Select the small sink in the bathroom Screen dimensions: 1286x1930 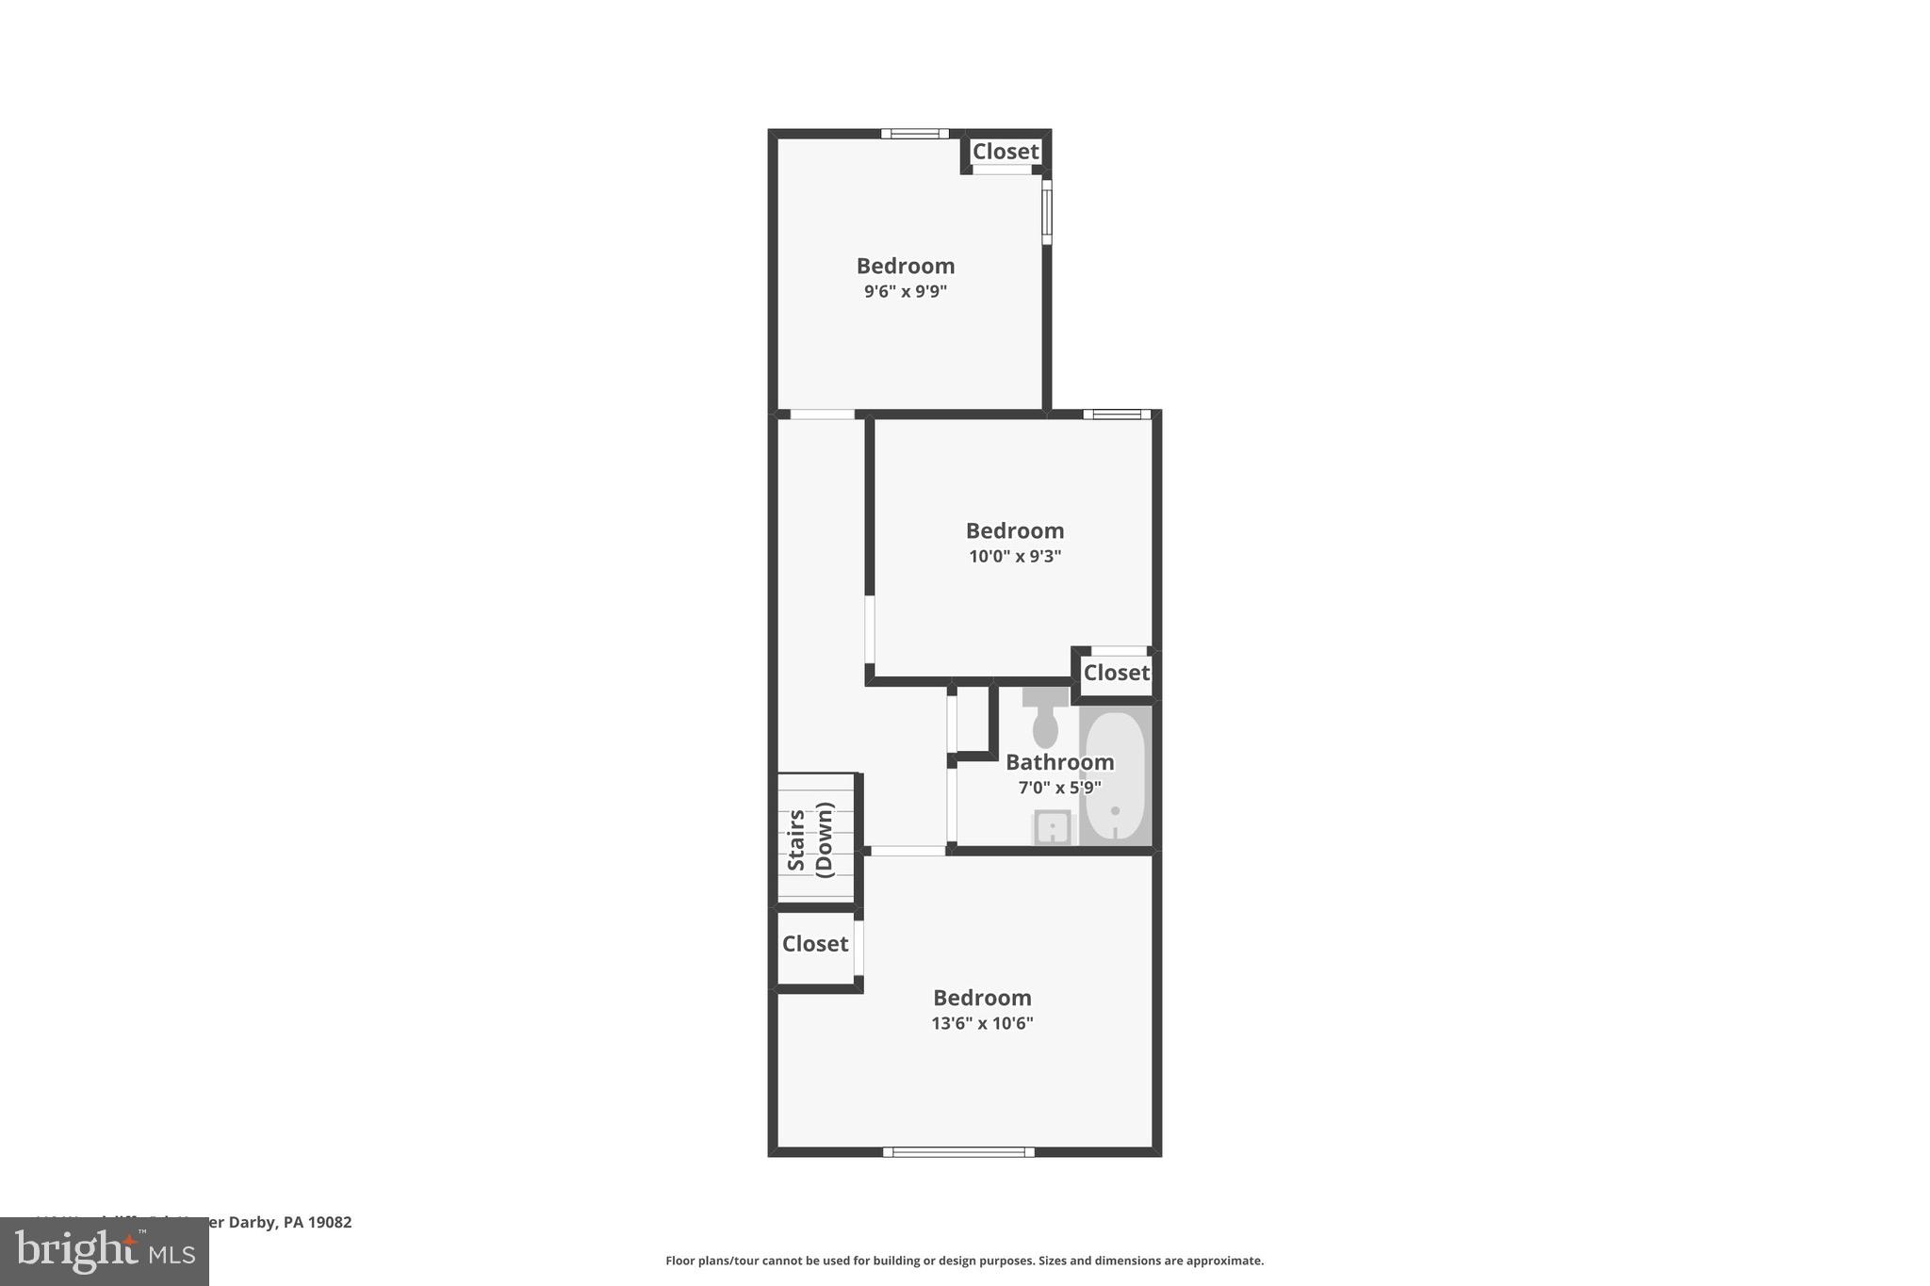1052,828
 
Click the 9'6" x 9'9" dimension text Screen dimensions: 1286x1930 905,292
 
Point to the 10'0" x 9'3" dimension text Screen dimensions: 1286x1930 1015,557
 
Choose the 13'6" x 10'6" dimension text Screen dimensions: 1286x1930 982,1023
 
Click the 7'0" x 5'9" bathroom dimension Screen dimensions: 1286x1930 1059,788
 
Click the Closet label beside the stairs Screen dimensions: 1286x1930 815,944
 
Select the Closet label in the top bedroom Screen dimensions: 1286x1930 1006,152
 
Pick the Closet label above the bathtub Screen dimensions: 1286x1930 1117,673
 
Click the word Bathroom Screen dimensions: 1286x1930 1059,762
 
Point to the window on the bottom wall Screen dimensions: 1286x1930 958,1151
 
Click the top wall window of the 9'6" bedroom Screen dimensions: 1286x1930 914,134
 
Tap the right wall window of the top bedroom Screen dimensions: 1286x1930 1046,212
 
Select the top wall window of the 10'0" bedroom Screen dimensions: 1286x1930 1117,414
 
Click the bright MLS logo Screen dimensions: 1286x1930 105,1251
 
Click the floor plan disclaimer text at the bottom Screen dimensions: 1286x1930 964,1261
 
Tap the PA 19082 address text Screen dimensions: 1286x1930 317,1222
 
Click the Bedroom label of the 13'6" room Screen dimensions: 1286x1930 982,998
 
